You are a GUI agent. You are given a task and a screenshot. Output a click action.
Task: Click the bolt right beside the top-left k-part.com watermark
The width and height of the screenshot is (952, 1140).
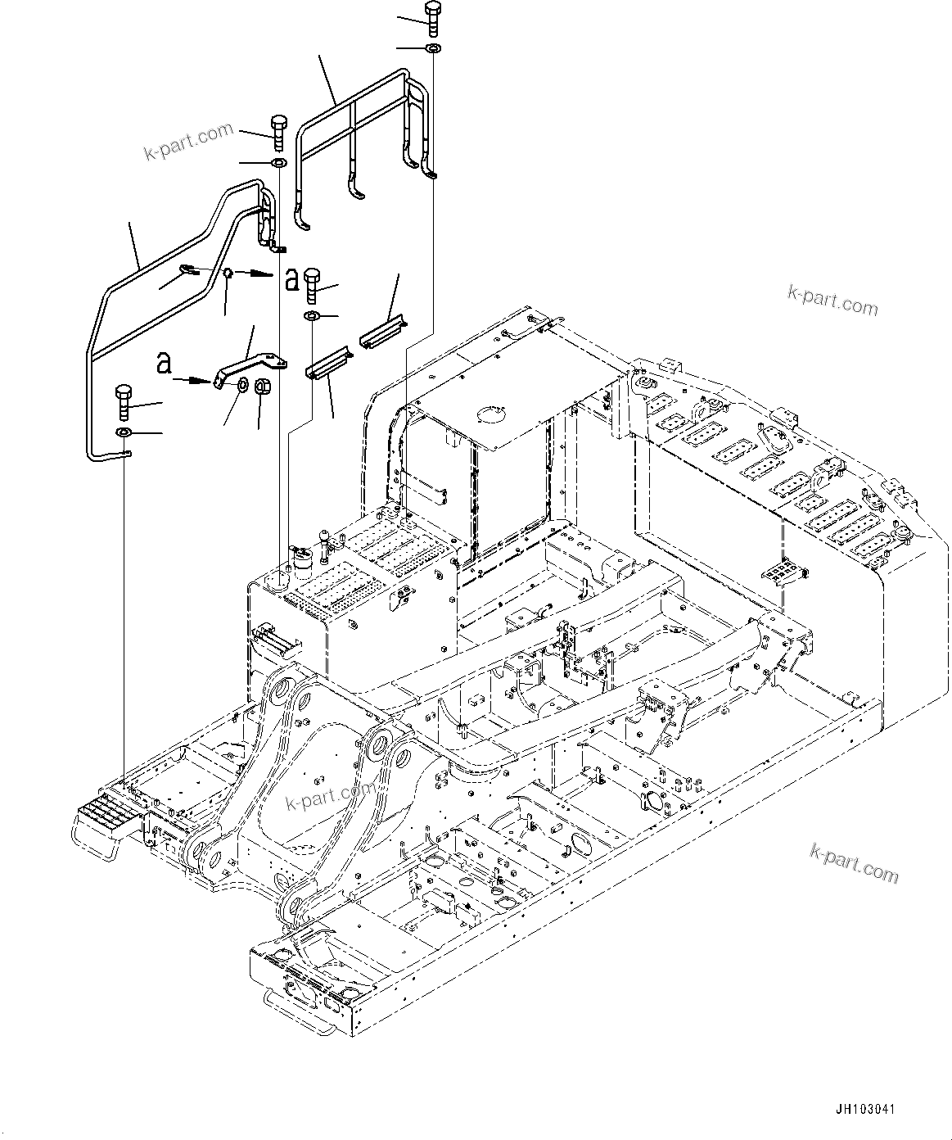[x=276, y=133]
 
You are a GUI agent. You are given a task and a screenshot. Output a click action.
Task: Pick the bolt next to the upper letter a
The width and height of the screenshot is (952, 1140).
[x=312, y=283]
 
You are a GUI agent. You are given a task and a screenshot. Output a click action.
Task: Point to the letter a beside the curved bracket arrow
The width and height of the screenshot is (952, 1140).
[x=165, y=364]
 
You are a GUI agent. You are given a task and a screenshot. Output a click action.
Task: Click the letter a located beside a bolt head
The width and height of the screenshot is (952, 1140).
[x=291, y=279]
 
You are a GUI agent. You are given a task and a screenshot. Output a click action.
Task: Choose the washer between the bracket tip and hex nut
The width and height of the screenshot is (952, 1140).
[x=243, y=385]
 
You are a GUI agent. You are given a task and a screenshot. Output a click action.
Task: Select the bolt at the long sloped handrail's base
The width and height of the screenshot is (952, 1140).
[x=124, y=397]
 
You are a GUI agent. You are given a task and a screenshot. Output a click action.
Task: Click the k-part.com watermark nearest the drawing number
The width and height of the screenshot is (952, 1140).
[x=854, y=865]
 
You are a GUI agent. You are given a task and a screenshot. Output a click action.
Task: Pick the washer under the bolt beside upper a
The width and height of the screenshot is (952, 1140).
[x=312, y=316]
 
